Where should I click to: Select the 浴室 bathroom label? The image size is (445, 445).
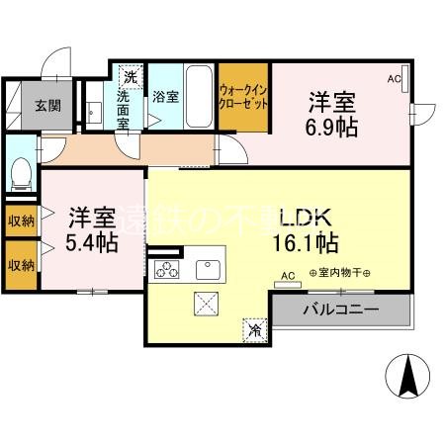165,97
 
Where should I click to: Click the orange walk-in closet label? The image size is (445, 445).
243,97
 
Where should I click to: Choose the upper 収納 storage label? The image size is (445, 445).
20,220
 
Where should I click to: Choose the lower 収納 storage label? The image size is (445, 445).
20,264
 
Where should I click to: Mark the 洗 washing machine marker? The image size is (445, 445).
130,75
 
